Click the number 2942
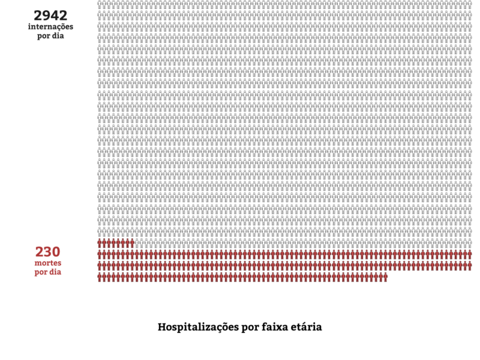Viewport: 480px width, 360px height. [x=50, y=16]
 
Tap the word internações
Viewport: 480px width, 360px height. [x=50, y=27]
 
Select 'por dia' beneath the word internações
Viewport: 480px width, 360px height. [x=50, y=35]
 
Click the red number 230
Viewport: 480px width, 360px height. [x=47, y=252]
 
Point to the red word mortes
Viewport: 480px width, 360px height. [x=47, y=263]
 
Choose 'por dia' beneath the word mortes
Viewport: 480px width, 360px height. [x=47, y=272]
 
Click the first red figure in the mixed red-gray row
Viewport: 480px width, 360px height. [x=100, y=243]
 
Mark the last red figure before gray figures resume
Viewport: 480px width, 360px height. [x=131, y=243]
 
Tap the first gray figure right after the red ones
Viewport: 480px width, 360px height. [x=136, y=243]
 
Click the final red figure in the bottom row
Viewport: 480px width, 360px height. [x=385, y=277]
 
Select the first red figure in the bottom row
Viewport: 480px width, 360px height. [x=100, y=277]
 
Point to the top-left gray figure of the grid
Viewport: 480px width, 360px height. [x=100, y=4]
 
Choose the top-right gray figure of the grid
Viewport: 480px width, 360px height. [x=469, y=4]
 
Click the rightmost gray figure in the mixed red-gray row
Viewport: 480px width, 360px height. [x=469, y=243]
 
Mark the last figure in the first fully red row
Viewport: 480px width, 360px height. [x=469, y=254]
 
